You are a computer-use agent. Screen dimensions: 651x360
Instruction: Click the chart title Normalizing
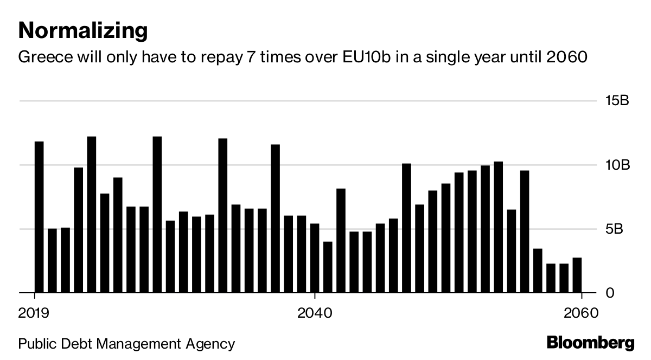pos(83,31)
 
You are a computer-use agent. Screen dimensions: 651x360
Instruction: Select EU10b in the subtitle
pos(367,57)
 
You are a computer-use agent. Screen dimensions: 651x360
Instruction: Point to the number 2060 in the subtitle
pos(567,57)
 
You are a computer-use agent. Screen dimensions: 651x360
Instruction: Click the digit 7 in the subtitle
pos(251,57)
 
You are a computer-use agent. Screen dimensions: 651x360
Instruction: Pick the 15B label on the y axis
pos(617,100)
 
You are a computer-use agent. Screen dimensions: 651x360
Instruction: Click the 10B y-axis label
pos(617,165)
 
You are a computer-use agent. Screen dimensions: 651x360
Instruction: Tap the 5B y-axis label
pos(614,229)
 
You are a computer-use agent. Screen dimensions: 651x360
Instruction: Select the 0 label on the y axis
pos(610,293)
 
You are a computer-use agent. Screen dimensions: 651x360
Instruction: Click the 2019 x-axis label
pos(34,313)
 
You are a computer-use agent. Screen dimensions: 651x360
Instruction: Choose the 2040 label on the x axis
pos(315,313)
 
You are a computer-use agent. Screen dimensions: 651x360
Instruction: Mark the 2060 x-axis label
pos(581,313)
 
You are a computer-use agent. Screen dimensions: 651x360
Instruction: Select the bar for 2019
pos(39,217)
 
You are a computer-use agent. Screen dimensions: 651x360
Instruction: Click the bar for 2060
pos(577,275)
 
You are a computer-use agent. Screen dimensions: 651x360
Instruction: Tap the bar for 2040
pos(315,258)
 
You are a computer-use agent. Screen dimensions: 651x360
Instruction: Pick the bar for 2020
pos(52,261)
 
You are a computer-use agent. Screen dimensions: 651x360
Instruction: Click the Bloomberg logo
pos(591,343)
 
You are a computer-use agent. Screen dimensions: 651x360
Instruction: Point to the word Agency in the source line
pos(210,344)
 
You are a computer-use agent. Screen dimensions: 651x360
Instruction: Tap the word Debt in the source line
pos(76,344)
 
